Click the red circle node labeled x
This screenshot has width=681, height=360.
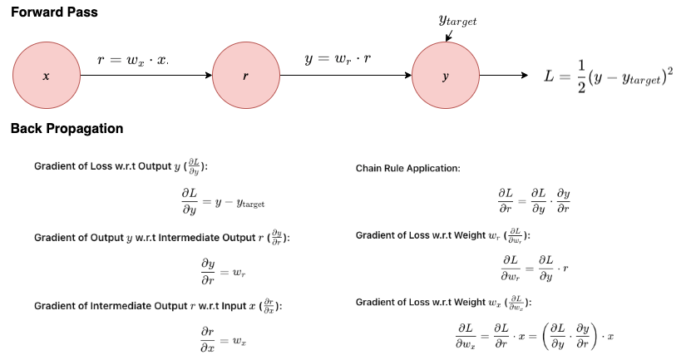click(46, 76)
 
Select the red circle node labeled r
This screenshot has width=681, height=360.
click(245, 76)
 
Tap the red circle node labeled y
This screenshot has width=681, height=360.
click(446, 76)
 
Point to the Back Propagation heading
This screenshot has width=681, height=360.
click(67, 129)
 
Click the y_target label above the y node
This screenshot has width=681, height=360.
click(457, 19)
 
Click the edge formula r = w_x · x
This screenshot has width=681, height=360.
click(133, 60)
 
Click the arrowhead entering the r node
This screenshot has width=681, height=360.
click(208, 76)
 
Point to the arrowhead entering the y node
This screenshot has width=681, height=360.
click(407, 76)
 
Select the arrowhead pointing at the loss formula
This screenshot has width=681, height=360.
click(524, 76)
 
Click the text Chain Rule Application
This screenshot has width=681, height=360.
click(407, 169)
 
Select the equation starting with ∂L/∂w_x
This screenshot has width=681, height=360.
click(535, 337)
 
